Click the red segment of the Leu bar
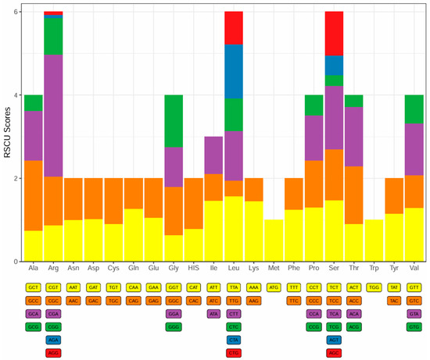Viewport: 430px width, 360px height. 234,28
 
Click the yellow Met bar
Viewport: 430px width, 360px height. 274,241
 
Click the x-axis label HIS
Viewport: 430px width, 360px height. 194,269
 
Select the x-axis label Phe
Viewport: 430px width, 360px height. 294,269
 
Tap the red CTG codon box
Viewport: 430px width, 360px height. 234,353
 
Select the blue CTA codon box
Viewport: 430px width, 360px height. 234,340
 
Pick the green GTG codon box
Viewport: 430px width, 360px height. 414,326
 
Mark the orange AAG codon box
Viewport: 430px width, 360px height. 254,300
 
